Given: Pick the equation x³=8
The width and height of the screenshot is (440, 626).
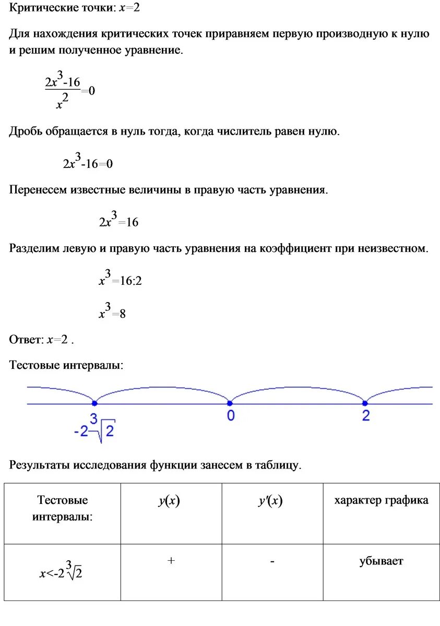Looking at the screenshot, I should (x=112, y=312).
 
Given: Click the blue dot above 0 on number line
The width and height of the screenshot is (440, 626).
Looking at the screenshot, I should (x=230, y=403).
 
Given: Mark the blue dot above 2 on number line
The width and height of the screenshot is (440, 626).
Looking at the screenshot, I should (x=365, y=403).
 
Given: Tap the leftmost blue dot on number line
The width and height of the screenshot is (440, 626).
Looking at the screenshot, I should (x=94, y=403).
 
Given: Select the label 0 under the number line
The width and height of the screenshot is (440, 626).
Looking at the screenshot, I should (x=230, y=416).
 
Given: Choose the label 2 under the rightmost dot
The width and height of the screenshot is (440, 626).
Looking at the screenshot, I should (x=365, y=416).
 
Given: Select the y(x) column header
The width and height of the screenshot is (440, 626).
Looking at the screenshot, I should (x=169, y=501).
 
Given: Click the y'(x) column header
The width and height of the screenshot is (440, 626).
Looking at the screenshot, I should (x=270, y=501).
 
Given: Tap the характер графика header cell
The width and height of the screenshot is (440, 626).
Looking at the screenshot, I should (x=381, y=500).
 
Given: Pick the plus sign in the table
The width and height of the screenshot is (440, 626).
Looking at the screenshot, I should (x=171, y=561).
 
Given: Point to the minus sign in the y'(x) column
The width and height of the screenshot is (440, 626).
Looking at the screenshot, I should (x=272, y=561).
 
